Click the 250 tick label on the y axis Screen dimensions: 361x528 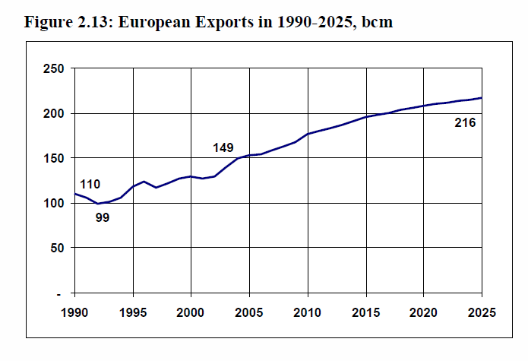tap(52, 69)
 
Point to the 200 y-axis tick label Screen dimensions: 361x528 tap(52, 114)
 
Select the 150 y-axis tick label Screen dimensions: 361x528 tap(52, 159)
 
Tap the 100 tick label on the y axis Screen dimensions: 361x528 tap(52, 204)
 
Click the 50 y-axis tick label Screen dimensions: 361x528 tap(55, 249)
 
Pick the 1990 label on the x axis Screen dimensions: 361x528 tap(74, 311)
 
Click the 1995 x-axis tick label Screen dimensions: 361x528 tap(133, 311)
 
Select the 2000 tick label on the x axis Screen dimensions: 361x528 tap(191, 311)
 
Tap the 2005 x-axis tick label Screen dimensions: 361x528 tap(249, 311)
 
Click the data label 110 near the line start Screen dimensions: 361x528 tap(90, 185)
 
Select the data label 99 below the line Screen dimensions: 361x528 tap(103, 219)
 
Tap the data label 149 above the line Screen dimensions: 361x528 tap(223, 148)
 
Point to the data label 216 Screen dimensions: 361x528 tap(465, 122)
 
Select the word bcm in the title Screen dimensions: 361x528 tap(377, 21)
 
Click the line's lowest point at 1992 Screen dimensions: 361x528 tap(98, 204)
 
